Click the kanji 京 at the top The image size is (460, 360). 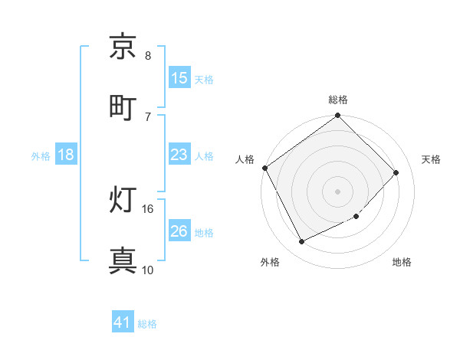point(123,47)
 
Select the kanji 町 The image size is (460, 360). point(123,106)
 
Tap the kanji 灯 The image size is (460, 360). point(123,201)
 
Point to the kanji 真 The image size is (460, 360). point(123,260)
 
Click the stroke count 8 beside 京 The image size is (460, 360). point(148,56)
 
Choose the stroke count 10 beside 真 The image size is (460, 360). point(148,269)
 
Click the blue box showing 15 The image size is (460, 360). point(179,78)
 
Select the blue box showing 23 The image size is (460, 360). point(179,155)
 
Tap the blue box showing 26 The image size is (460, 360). point(179,231)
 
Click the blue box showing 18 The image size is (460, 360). point(66,155)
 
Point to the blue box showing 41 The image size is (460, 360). point(123,323)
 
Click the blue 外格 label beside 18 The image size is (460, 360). point(41,155)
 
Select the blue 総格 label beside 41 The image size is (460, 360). point(147,324)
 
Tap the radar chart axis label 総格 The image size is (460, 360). point(338,100)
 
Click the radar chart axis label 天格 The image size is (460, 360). point(431,159)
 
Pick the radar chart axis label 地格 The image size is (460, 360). point(402,262)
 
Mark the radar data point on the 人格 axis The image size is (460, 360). point(264,168)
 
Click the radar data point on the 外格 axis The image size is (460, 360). point(301,242)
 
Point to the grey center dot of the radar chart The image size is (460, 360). point(338,191)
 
